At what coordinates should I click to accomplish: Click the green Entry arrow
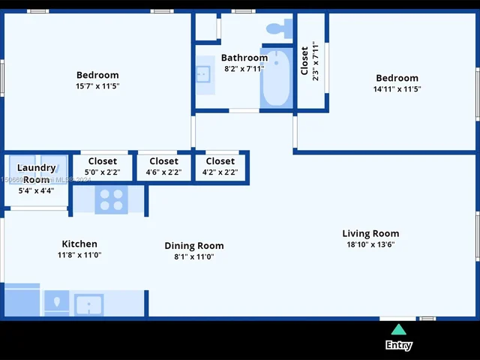399,329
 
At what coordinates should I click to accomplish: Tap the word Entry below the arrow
399,345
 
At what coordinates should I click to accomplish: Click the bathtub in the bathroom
275,79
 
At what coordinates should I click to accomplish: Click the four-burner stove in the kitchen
111,199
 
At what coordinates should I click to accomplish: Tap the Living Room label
370,233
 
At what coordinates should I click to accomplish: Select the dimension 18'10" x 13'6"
370,244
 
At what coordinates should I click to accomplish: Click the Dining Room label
194,245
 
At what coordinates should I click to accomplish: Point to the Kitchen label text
79,244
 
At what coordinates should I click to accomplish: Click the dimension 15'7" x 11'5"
97,86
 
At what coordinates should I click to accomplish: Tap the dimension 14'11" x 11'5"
397,89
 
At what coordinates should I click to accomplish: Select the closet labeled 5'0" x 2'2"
102,166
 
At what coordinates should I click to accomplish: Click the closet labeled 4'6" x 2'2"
163,166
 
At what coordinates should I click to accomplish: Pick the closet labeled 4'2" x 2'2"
220,166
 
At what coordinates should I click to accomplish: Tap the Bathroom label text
244,58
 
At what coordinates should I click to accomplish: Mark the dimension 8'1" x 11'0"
194,256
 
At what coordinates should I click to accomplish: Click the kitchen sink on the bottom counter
88,304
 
